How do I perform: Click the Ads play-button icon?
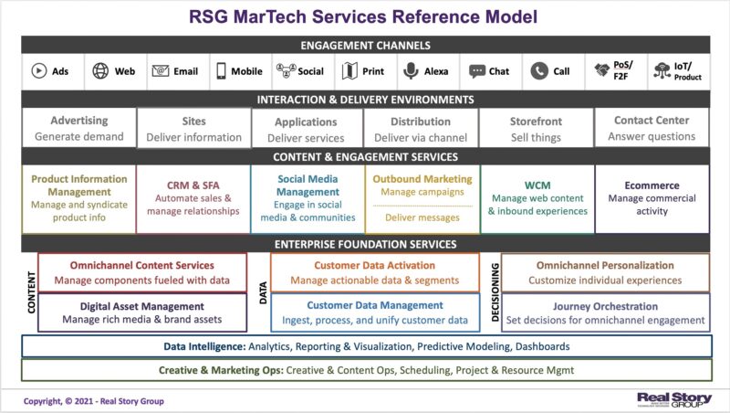click(x=39, y=71)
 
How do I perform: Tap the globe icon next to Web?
click(x=100, y=71)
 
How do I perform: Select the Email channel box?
click(x=175, y=71)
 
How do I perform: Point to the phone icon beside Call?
click(x=539, y=71)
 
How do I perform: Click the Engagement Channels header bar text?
click(x=365, y=45)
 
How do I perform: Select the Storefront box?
click(x=536, y=128)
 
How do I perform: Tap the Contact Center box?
click(x=652, y=128)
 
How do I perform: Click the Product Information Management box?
click(x=78, y=198)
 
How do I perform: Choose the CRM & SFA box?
click(x=193, y=198)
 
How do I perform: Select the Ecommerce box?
click(x=652, y=198)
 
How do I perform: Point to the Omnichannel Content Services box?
click(x=142, y=272)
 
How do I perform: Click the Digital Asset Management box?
click(x=142, y=312)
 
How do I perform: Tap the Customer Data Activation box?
click(x=374, y=272)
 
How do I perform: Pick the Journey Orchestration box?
click(x=605, y=312)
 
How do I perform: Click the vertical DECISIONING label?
click(x=493, y=292)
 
